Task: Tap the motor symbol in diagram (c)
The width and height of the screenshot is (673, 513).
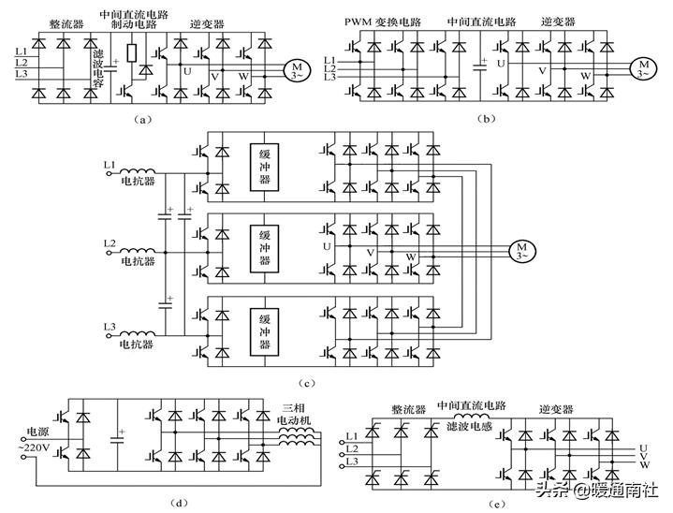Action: tap(521, 250)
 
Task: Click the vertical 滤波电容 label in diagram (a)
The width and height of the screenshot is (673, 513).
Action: tap(98, 74)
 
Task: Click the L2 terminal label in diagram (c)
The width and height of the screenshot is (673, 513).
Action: tap(109, 243)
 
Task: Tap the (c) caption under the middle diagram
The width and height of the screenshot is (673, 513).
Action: tap(309, 383)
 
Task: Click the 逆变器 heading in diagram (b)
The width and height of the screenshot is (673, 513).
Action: tap(559, 18)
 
